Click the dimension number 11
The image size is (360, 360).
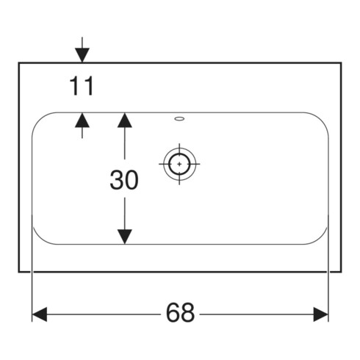click(82, 86)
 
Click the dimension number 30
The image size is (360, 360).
click(124, 180)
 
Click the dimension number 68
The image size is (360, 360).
click(180, 313)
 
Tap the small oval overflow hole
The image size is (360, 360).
click(179, 119)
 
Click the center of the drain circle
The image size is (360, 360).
click(179, 164)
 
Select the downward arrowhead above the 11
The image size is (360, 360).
click(82, 55)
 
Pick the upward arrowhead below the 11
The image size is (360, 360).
click(82, 120)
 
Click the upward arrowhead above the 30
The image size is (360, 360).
click(125, 120)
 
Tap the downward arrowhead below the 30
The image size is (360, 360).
click(125, 237)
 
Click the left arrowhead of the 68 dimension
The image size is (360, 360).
click(40, 314)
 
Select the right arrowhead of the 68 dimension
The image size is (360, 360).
click(321, 314)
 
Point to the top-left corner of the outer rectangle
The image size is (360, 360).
click(19, 63)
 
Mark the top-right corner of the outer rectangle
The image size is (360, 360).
click(341, 63)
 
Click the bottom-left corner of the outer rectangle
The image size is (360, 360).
click(19, 272)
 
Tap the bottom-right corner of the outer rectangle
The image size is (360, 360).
click(341, 272)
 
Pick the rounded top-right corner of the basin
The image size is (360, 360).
click(321, 119)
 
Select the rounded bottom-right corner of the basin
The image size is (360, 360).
click(321, 237)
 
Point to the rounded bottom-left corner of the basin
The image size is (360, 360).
click(40, 237)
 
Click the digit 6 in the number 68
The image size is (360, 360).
click(173, 313)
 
